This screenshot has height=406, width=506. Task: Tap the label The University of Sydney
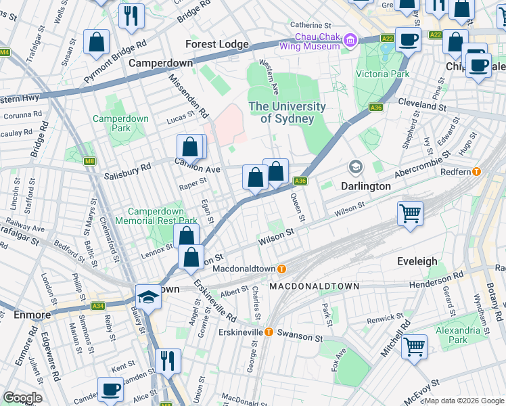point(287,113)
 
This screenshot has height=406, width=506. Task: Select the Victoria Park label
point(383,74)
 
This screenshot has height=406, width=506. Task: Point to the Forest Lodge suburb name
point(217,45)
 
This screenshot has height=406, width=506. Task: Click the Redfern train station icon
point(477,172)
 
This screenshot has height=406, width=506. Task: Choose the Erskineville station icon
point(269,332)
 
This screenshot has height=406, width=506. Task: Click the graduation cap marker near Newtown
point(147,296)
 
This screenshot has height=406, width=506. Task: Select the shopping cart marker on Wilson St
point(410,213)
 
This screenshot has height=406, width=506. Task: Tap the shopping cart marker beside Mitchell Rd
point(414,346)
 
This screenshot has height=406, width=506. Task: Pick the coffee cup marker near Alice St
point(110,390)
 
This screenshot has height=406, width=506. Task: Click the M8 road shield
point(89,161)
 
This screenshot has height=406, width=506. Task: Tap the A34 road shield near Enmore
point(98,306)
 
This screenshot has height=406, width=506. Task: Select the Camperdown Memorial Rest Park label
point(156,216)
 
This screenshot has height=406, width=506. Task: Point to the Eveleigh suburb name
point(417,261)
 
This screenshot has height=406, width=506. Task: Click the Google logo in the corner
point(22,398)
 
